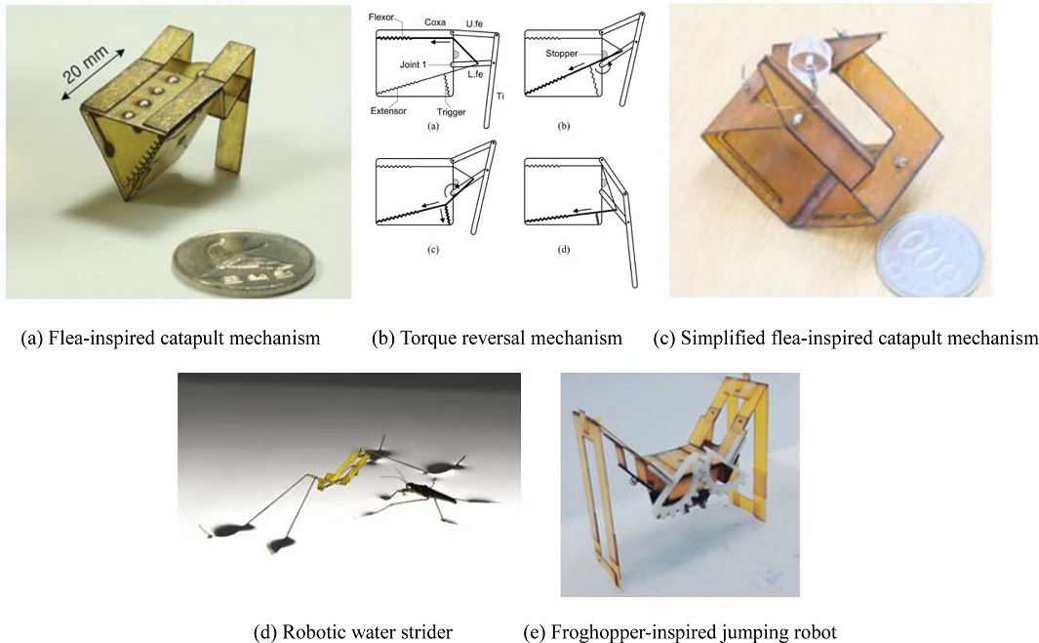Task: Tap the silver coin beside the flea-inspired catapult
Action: pyautogui.click(x=243, y=263)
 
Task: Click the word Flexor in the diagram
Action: pyautogui.click(x=381, y=18)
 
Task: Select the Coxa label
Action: pyautogui.click(x=435, y=21)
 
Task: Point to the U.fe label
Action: pyautogui.click(x=474, y=23)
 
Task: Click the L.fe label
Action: pyautogui.click(x=474, y=74)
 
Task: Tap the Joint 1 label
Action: pyautogui.click(x=413, y=64)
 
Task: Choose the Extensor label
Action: pyautogui.click(x=388, y=110)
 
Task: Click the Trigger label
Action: pyautogui.click(x=451, y=112)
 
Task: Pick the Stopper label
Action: pyautogui.click(x=562, y=53)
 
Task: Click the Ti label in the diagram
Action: pyautogui.click(x=500, y=97)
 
